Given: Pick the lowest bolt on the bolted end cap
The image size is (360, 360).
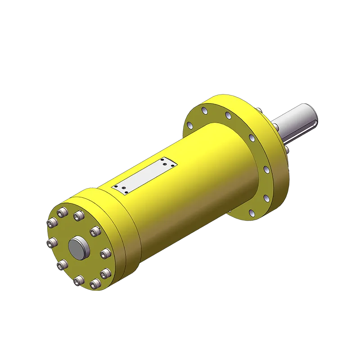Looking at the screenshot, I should coord(80,282).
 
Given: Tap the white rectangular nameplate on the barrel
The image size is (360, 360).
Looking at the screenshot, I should coord(145,175).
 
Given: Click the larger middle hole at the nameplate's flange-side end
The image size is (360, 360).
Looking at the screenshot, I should coord(167,165).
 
